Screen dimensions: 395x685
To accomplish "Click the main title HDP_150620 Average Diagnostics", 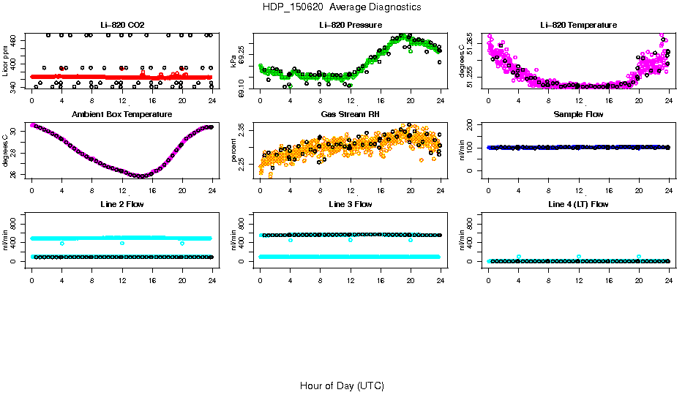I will point(342,7).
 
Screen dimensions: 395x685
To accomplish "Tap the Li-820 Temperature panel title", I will point(578,26).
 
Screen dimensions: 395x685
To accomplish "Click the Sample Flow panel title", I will point(578,115).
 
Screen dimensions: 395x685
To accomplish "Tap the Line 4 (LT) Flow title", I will point(578,204).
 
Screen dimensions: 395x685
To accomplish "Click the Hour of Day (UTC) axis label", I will point(342,385).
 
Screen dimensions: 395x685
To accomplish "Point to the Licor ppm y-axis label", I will point(6,61).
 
